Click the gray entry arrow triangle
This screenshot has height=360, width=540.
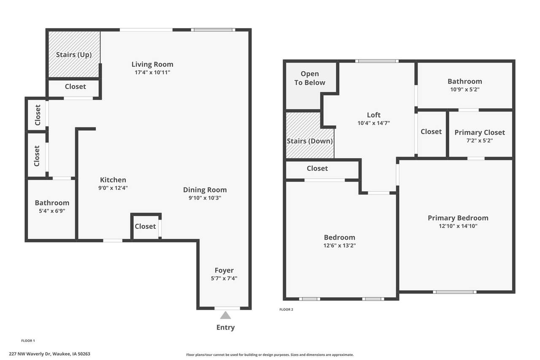225,315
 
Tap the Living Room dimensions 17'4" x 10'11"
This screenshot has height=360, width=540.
152,72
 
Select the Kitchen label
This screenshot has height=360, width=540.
113,180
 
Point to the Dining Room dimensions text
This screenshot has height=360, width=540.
205,198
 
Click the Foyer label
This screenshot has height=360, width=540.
224,270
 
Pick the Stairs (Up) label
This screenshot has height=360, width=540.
74,55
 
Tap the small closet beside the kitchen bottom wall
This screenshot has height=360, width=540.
146,226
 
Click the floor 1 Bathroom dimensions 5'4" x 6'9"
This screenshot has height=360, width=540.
52,211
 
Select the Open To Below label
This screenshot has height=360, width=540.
310,78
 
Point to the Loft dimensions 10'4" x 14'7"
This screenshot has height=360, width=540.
374,123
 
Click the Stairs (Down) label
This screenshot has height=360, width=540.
310,141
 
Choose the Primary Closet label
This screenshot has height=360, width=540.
480,133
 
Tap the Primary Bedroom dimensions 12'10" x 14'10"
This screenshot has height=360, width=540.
458,226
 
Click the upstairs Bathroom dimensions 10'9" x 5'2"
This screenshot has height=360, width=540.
465,89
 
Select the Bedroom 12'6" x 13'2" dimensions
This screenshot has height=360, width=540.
340,246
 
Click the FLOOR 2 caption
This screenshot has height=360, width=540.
286,309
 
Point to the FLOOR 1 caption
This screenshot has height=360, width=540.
28,341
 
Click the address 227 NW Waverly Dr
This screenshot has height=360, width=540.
30,354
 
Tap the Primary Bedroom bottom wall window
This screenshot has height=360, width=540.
455,292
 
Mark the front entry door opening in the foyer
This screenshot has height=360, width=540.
227,308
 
